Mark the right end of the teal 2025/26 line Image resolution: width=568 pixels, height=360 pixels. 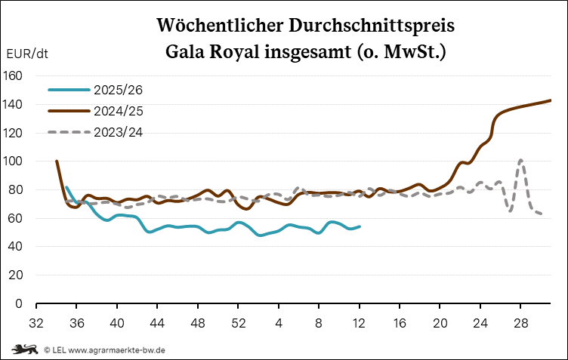pyautogui.click(x=360, y=226)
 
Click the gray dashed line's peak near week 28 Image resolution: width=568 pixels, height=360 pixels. pyautogui.click(x=521, y=160)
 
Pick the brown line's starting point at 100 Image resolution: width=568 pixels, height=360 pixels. pyautogui.click(x=57, y=161)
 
